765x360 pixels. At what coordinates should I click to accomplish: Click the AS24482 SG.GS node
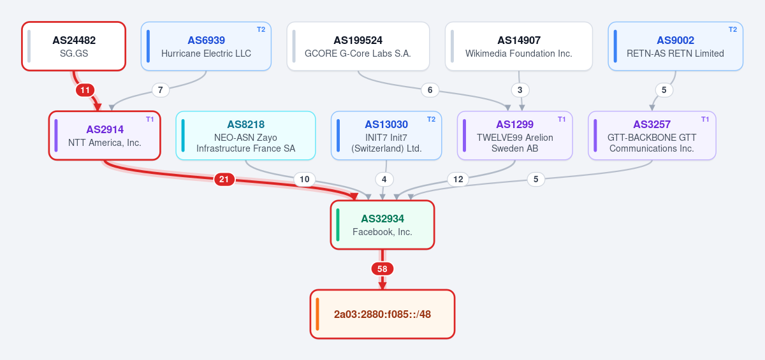click(74, 47)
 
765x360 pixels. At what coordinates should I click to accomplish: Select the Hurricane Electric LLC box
click(206, 47)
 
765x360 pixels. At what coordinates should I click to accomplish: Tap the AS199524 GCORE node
click(358, 47)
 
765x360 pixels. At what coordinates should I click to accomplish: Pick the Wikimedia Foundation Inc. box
click(519, 47)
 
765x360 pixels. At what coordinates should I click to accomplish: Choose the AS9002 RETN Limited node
click(676, 47)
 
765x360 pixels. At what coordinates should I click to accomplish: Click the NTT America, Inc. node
click(105, 136)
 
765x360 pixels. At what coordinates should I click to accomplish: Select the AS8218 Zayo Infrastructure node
click(245, 136)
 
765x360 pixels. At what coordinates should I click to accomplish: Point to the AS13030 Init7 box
click(386, 136)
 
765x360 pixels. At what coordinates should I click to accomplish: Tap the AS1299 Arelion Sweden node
click(514, 136)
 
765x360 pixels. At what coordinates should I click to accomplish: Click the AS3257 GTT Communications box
click(652, 136)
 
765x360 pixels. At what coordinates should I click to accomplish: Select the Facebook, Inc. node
click(382, 225)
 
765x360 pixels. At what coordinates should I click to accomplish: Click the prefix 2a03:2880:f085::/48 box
click(382, 314)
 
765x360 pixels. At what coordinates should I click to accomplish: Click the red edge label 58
click(382, 269)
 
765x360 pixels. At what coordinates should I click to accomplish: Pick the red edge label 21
click(224, 179)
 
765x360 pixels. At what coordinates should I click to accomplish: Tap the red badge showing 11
click(85, 90)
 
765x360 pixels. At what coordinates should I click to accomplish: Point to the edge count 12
click(458, 179)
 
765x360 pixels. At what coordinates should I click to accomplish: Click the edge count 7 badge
click(161, 90)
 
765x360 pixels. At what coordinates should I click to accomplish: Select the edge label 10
click(304, 179)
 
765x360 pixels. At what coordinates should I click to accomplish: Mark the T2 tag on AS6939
click(261, 29)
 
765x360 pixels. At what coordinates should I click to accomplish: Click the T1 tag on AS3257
click(705, 119)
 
